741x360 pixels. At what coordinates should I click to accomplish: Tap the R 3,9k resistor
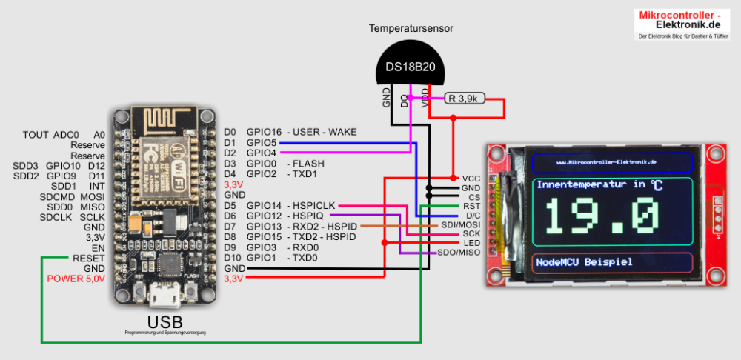[465, 98]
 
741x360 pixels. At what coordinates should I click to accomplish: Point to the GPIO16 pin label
[261, 132]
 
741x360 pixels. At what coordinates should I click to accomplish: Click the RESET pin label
[89, 257]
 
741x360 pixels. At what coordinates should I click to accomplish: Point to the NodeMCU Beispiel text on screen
[585, 262]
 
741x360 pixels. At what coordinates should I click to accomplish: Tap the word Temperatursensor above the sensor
[411, 29]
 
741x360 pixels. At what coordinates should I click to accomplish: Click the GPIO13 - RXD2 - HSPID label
[301, 226]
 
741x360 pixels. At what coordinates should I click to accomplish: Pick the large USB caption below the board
[165, 322]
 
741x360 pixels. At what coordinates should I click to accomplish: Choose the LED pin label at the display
[471, 243]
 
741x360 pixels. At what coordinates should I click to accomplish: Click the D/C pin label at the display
[471, 215]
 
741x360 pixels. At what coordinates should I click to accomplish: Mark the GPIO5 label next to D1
[261, 142]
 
